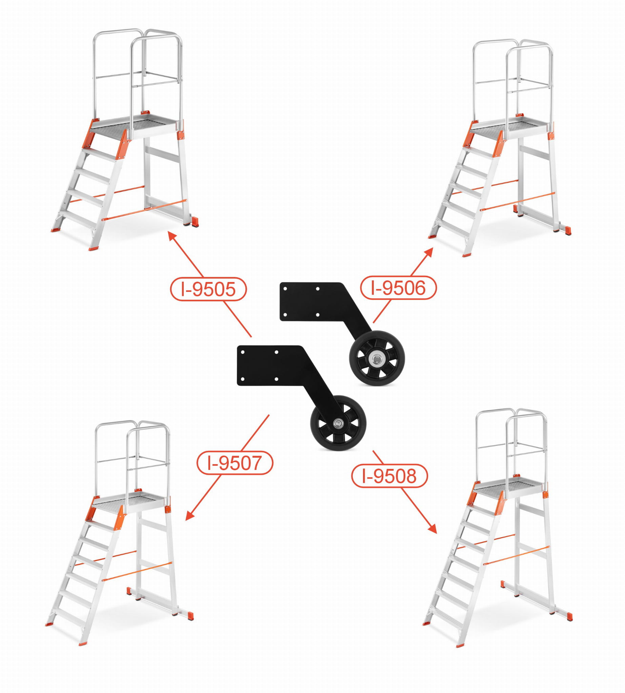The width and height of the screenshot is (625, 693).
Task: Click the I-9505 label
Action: [x=208, y=289]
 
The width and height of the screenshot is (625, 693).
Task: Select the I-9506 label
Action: [x=398, y=287]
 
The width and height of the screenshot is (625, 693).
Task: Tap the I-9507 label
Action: [x=235, y=462]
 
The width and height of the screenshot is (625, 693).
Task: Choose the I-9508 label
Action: [x=389, y=476]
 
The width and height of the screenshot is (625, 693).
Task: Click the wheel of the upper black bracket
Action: [x=377, y=358]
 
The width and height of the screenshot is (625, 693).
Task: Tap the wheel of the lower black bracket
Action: [x=338, y=423]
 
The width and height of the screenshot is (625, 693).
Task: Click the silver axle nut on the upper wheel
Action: [x=377, y=359]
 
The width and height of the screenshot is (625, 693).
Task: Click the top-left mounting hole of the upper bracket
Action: [x=285, y=289]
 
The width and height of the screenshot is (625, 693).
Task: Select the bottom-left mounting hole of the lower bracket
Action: [x=242, y=379]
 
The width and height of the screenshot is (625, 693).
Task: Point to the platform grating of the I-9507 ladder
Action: [x=129, y=499]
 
